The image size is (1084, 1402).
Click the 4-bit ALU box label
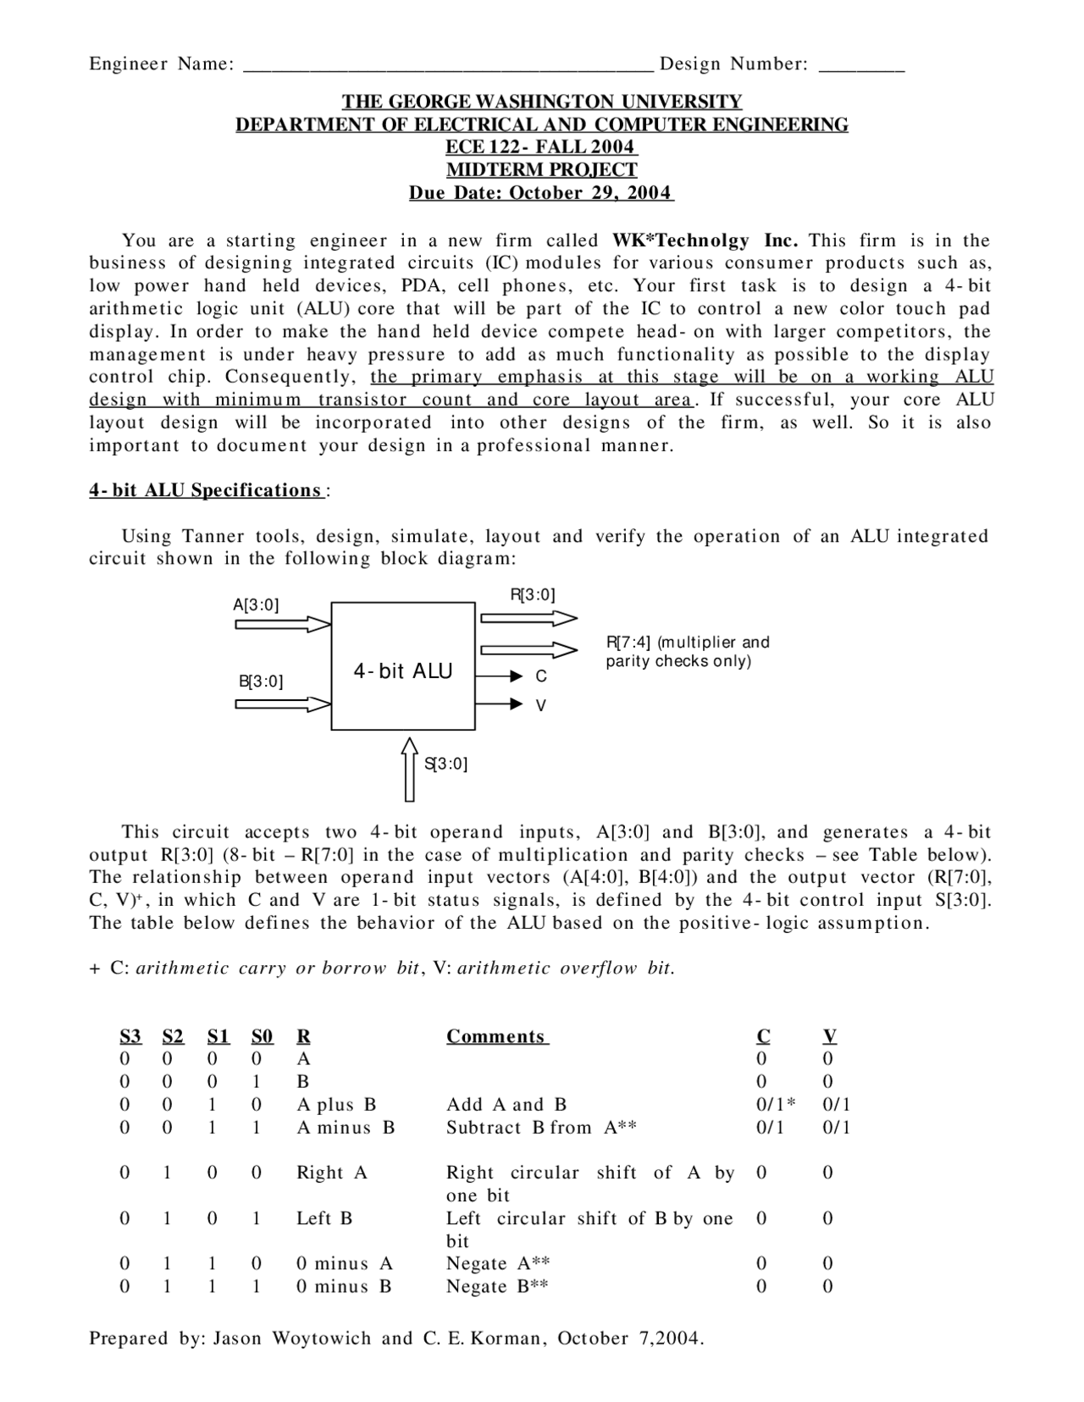click(x=403, y=671)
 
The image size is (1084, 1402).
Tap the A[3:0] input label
click(x=256, y=604)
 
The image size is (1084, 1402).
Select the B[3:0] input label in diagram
click(x=261, y=681)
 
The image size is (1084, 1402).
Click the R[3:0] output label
click(x=532, y=594)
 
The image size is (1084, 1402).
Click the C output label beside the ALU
click(x=541, y=676)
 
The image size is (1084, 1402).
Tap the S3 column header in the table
click(x=130, y=1036)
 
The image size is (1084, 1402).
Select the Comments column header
click(x=497, y=1036)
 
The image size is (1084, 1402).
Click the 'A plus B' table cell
click(x=336, y=1104)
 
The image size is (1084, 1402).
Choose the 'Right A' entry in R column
click(x=332, y=1173)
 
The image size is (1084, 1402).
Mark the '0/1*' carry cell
click(x=776, y=1104)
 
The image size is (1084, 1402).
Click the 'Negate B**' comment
click(x=497, y=1286)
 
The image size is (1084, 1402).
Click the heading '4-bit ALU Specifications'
click(x=206, y=490)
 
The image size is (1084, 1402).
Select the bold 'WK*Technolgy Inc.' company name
click(x=705, y=240)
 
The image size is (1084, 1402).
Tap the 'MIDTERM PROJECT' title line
click(x=541, y=169)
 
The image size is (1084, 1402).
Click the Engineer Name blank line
click(x=448, y=65)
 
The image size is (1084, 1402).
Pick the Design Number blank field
click(x=861, y=65)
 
